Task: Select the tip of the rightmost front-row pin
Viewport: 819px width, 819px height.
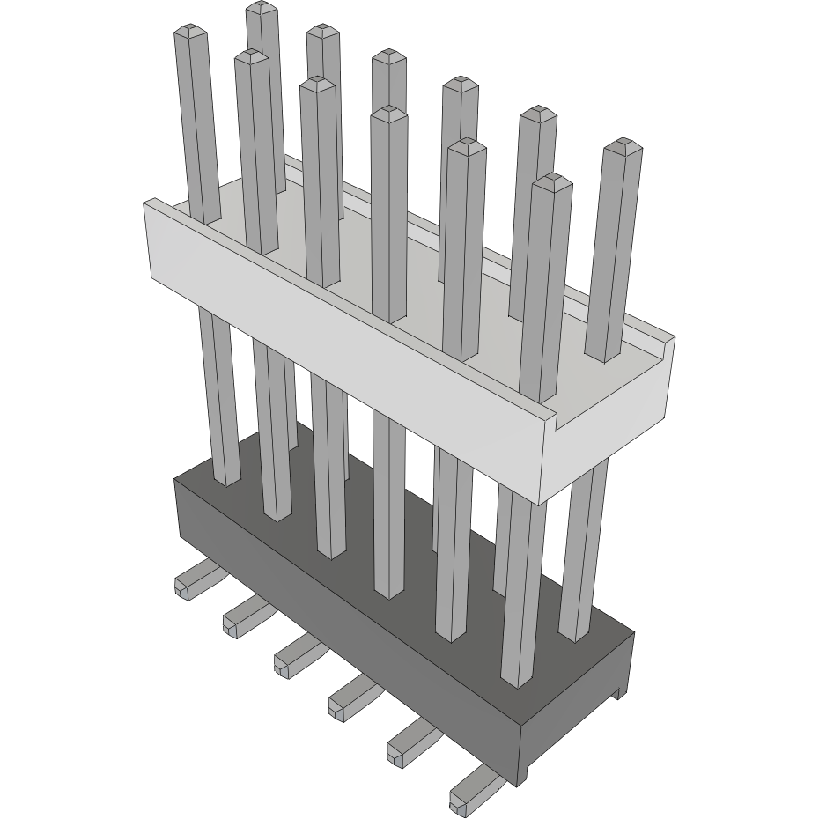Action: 552,181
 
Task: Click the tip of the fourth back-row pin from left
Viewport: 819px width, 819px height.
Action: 460,85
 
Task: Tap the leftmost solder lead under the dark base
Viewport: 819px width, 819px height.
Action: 193,580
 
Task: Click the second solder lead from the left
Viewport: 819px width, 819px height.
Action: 243,616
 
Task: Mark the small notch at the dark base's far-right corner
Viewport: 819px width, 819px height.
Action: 623,691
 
